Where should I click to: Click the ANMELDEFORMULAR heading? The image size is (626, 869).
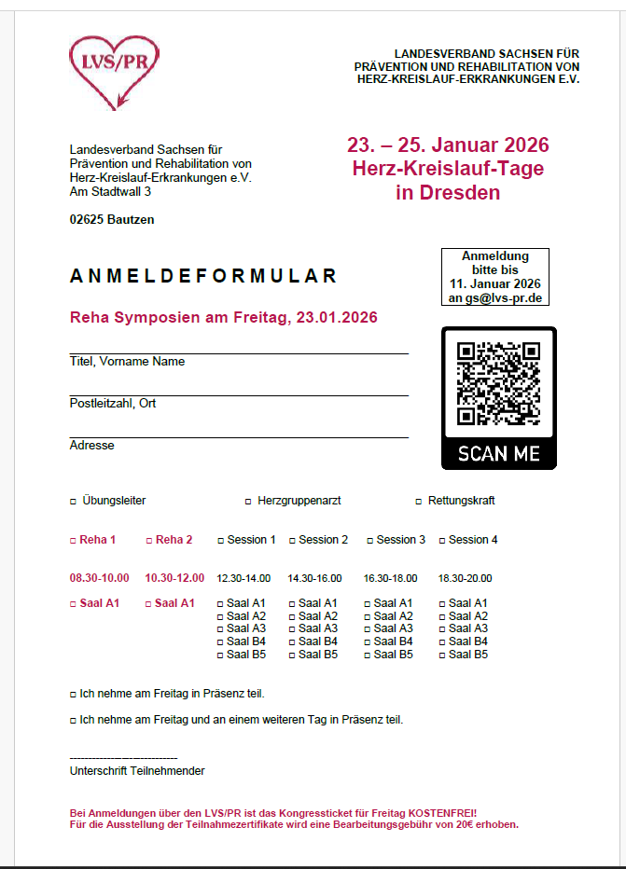(203, 277)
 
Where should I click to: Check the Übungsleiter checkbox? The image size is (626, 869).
(73, 502)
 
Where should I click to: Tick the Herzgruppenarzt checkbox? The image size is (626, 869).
(248, 502)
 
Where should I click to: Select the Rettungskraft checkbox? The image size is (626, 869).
(418, 502)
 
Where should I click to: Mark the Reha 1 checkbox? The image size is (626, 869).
(73, 541)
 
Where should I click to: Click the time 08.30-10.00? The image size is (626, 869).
(99, 578)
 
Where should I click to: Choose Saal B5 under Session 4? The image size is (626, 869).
(443, 655)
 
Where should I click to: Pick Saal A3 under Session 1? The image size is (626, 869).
(220, 629)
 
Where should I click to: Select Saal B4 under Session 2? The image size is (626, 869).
(293, 642)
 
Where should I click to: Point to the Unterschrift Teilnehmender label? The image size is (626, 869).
(137, 771)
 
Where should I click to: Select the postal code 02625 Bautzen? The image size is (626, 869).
(112, 220)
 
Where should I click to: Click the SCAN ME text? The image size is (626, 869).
(498, 454)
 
